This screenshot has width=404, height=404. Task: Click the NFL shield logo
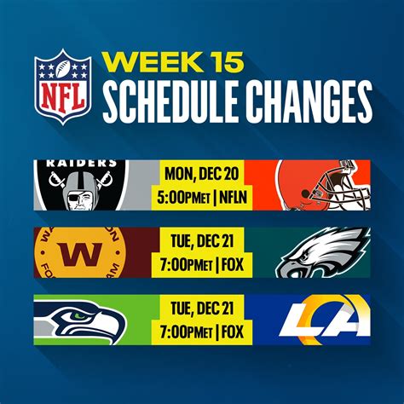63,87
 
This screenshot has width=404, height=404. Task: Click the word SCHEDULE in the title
170,101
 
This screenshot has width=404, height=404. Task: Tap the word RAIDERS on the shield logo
82,164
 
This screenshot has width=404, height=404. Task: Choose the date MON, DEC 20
202,174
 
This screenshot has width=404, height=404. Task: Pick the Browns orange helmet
323,185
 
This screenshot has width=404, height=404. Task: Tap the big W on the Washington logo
81,255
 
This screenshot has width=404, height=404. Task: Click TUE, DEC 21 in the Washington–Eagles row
202,241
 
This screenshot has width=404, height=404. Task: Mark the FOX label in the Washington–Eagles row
233,265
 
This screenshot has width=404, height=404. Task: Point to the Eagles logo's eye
303,258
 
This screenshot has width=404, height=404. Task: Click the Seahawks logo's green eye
79,315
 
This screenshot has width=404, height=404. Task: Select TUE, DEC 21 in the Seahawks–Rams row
202,309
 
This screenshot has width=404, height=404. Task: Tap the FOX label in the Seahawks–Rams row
233,332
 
